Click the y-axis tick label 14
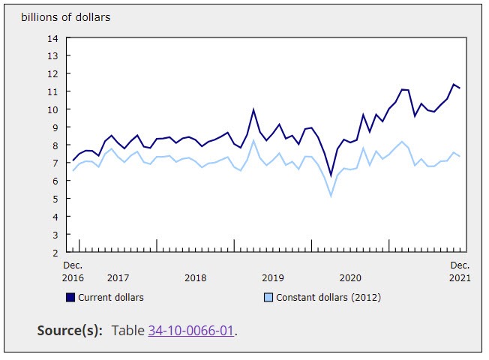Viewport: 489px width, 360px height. [52, 38]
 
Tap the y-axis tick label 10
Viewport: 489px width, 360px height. [52, 109]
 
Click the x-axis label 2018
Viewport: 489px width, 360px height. [195, 278]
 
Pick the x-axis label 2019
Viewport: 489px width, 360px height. [273, 278]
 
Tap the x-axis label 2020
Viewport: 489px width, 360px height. [350, 278]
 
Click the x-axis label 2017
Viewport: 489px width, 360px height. [118, 278]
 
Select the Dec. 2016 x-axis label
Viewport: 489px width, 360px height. [73, 271]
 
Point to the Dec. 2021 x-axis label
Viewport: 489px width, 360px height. [460, 271]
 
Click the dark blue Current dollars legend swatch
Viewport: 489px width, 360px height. [70, 298]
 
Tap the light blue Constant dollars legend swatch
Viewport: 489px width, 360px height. [268, 298]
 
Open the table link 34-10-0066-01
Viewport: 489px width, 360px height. [191, 331]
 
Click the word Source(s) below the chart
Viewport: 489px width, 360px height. [70, 331]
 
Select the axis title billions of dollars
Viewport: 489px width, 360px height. [65, 17]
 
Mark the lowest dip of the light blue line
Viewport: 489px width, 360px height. [331, 196]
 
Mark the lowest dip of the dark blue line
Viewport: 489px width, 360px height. [331, 175]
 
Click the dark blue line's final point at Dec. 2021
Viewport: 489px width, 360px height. [460, 88]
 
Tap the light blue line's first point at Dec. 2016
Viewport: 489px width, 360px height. [73, 171]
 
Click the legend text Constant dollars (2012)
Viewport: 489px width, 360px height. [328, 298]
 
